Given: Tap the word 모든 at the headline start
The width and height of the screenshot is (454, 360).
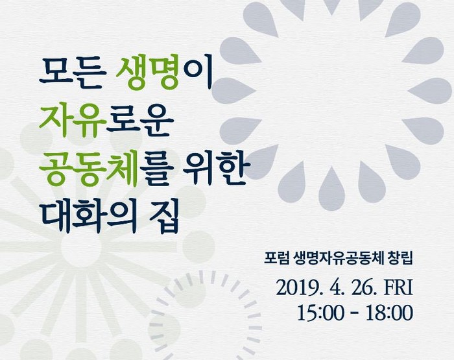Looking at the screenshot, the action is click(x=71, y=73).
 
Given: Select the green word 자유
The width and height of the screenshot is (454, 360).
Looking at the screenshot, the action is click(x=72, y=122).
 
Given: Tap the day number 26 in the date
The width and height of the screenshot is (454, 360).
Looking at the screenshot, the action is click(x=360, y=288).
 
